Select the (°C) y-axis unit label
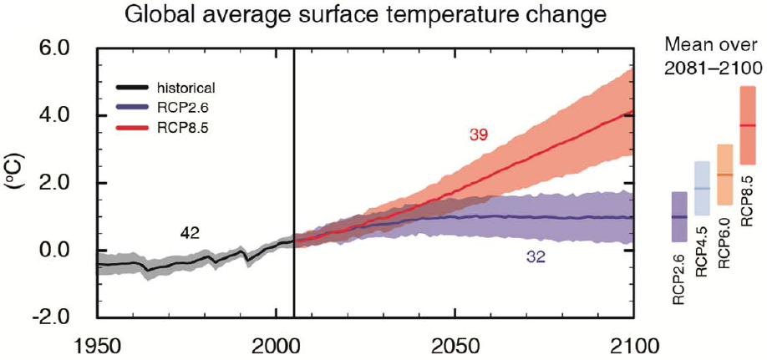coord(18,183)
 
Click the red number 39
coord(479,134)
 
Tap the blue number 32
coord(537,258)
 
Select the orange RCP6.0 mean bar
coord(724,175)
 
